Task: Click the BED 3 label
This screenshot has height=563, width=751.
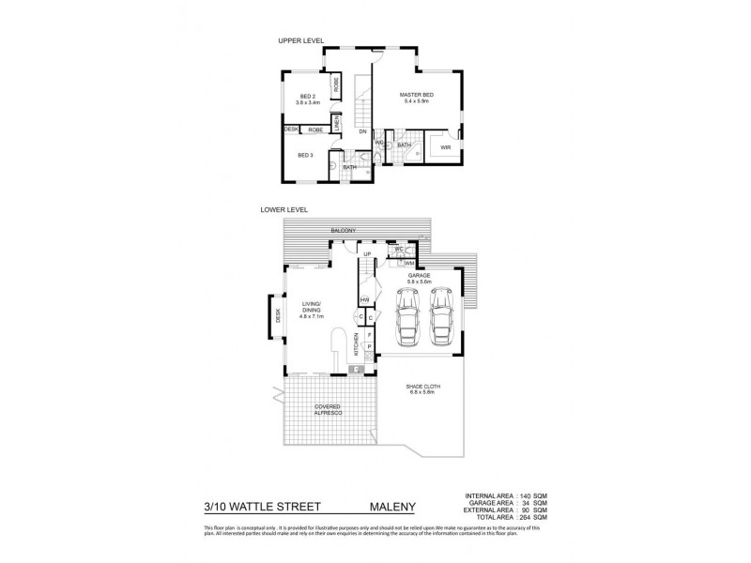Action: point(305,155)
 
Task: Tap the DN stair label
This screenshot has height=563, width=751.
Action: point(361,131)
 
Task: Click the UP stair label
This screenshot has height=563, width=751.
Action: point(367,254)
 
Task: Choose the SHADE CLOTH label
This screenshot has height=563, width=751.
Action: point(422,388)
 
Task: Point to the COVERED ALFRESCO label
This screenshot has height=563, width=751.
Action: point(328,409)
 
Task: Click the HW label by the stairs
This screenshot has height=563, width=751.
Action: point(363,300)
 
